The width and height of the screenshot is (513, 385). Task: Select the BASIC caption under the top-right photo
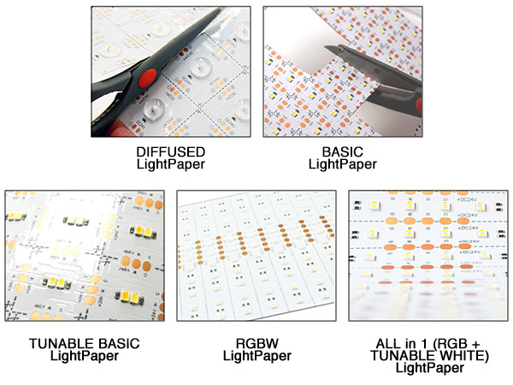coord(342,151)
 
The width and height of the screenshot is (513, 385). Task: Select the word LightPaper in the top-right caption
coord(342,163)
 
